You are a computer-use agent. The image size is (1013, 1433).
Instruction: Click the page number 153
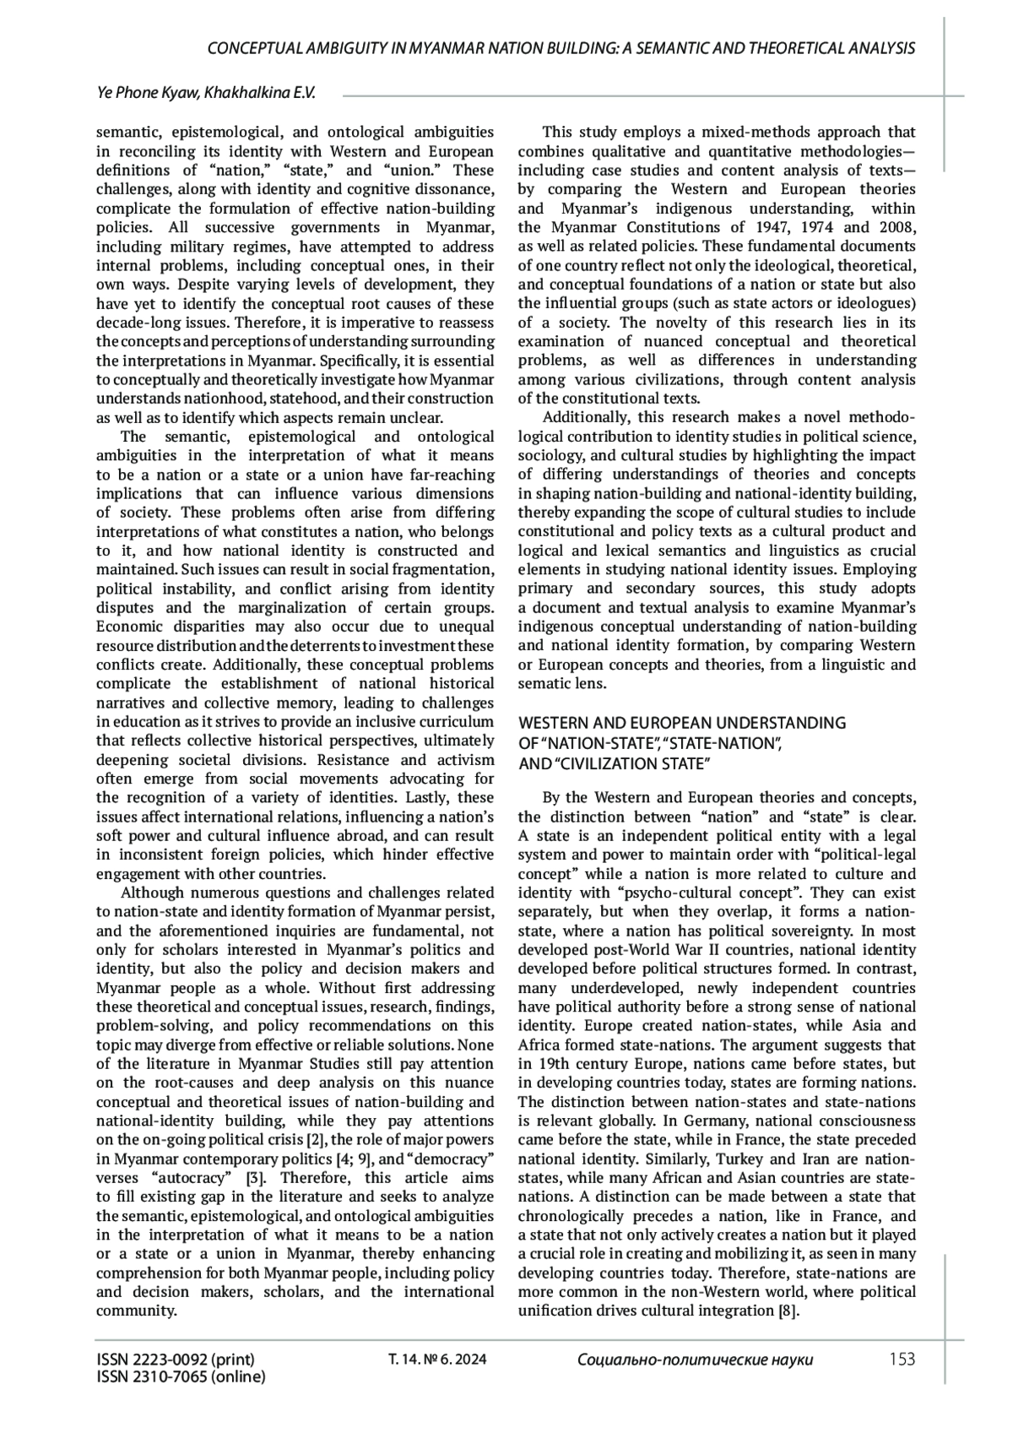click(x=902, y=1359)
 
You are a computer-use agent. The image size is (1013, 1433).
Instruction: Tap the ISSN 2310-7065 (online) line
click(x=181, y=1376)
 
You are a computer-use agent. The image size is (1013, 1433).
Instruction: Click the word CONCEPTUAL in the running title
click(x=255, y=48)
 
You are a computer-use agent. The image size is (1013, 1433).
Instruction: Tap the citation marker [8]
click(x=787, y=1311)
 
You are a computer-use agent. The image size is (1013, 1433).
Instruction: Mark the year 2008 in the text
click(x=897, y=227)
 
